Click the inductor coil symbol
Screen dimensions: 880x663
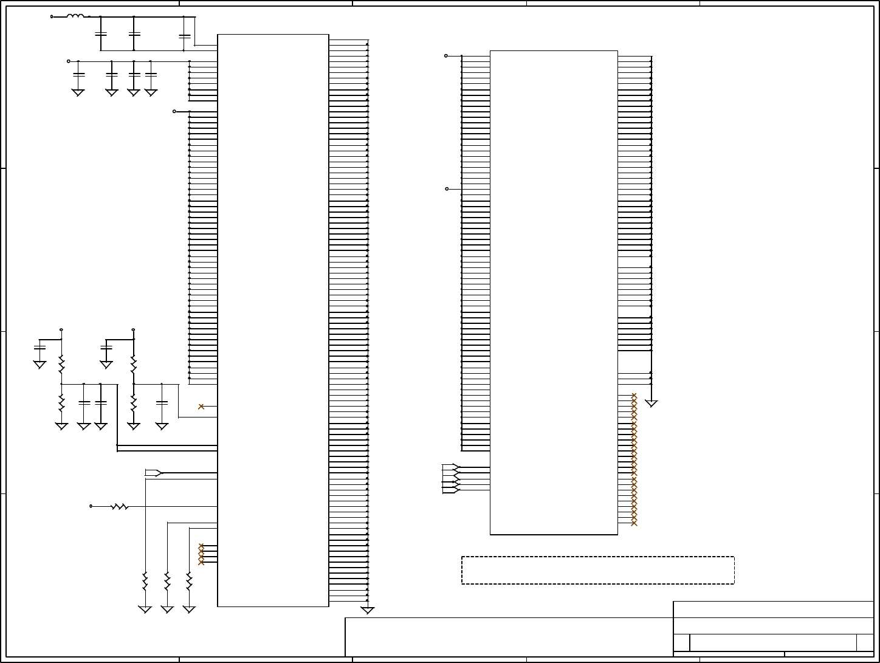pyautogui.click(x=75, y=16)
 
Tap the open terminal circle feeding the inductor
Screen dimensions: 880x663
pyautogui.click(x=51, y=16)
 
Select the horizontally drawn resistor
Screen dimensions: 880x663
pyautogui.click(x=120, y=506)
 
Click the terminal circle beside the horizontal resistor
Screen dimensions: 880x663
pyautogui.click(x=91, y=506)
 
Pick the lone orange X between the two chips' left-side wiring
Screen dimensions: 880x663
pyautogui.click(x=201, y=407)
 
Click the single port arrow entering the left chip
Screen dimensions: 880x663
pyautogui.click(x=154, y=473)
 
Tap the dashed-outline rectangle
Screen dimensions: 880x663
pyautogui.click(x=598, y=570)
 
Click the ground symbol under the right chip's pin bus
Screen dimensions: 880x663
pyautogui.click(x=651, y=403)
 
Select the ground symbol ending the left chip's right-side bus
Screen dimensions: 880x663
pyautogui.click(x=367, y=610)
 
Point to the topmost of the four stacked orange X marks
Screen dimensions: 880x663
pyautogui.click(x=201, y=546)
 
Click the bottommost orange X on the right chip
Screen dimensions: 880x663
pyautogui.click(x=634, y=523)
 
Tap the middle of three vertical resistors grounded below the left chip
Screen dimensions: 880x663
pyautogui.click(x=167, y=581)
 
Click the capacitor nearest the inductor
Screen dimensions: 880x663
pyautogui.click(x=101, y=33)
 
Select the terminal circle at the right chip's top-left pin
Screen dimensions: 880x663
pyautogui.click(x=446, y=56)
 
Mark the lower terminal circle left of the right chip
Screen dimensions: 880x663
pyautogui.click(x=447, y=189)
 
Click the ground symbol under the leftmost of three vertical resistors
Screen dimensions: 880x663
pyautogui.click(x=145, y=609)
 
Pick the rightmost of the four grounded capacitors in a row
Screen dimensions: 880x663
pyautogui.click(x=151, y=74)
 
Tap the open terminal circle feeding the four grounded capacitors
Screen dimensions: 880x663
pyautogui.click(x=69, y=61)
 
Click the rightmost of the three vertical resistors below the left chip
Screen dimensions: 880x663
pyautogui.click(x=189, y=581)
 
